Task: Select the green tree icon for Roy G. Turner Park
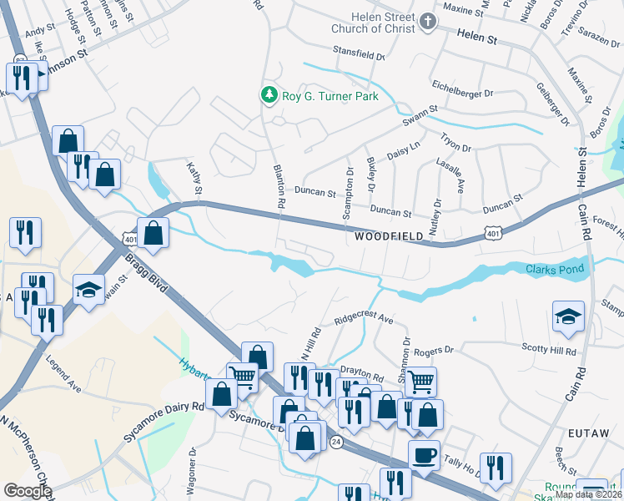click(x=269, y=96)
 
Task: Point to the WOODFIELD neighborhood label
click(x=389, y=237)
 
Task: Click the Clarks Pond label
click(x=556, y=269)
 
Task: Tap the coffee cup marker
click(x=424, y=455)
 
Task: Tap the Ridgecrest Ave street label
click(x=363, y=319)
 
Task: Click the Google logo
click(x=28, y=491)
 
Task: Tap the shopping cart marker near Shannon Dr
click(x=421, y=382)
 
